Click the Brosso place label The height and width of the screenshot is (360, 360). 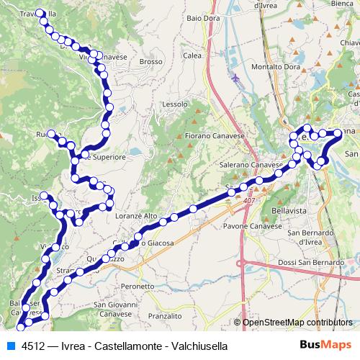point(152,62)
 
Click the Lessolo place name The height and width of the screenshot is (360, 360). point(175,104)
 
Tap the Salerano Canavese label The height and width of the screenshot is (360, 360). point(250,165)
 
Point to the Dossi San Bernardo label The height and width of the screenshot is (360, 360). point(311,261)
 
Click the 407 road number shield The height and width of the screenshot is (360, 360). point(249,199)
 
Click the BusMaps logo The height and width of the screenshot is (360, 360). point(325,346)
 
